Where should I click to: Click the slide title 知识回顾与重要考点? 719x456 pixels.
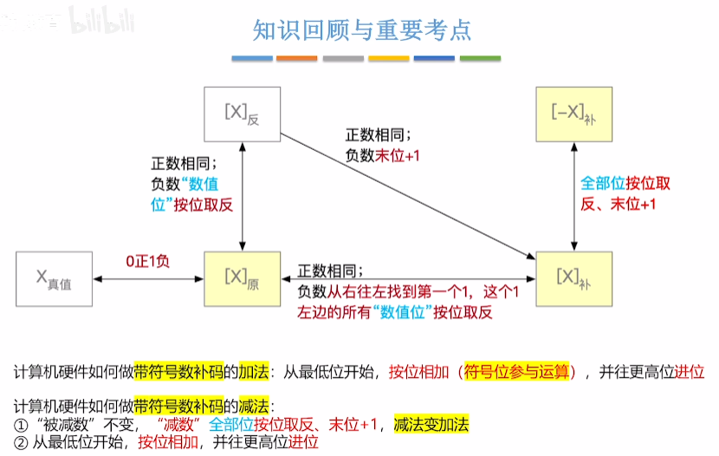point(362,30)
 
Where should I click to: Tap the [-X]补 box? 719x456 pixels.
point(573,114)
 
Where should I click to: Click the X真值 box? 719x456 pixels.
point(53,278)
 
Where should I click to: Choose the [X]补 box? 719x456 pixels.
point(573,278)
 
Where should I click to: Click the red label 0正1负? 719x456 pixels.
point(147,260)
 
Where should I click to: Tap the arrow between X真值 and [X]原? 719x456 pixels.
point(147,278)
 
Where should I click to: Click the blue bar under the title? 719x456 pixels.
point(252,59)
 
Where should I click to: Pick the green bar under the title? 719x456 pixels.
point(480,59)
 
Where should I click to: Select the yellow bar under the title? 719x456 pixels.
point(389,59)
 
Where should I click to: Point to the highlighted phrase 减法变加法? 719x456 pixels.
point(431,424)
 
